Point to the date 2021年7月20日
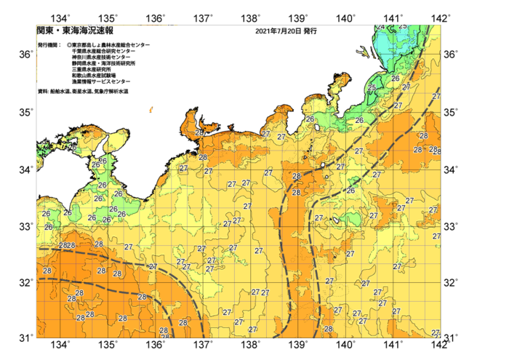pos(277,32)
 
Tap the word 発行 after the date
pos(310,32)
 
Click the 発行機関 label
pos(49,45)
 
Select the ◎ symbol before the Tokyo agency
pos(68,45)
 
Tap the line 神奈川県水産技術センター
pos(102,57)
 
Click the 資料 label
pos(42,92)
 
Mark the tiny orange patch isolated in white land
pos(151,109)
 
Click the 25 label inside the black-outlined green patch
pos(372,88)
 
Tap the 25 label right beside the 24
pos(403,26)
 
